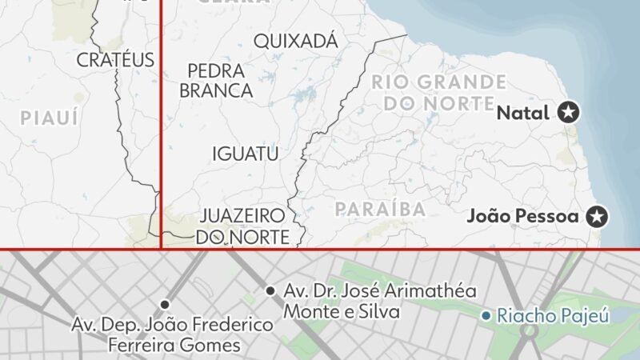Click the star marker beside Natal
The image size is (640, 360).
pyautogui.click(x=569, y=113)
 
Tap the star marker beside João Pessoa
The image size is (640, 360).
pyautogui.click(x=596, y=215)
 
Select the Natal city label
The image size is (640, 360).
pyautogui.click(x=523, y=113)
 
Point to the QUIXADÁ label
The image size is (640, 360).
pyautogui.click(x=295, y=41)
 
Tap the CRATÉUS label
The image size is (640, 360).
pyautogui.click(x=115, y=59)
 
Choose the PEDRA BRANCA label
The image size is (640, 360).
pyautogui.click(x=216, y=80)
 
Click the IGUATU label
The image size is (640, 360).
pyautogui.click(x=245, y=154)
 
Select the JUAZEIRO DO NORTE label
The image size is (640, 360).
pyautogui.click(x=242, y=226)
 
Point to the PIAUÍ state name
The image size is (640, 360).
pyautogui.click(x=50, y=118)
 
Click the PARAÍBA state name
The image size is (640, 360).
pyautogui.click(x=380, y=210)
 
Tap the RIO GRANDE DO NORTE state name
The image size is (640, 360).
pyautogui.click(x=438, y=93)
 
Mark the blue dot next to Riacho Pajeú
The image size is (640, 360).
pyautogui.click(x=486, y=316)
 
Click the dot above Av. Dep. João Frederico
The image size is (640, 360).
pyautogui.click(x=165, y=304)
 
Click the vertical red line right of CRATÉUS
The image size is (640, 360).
pyautogui.click(x=161, y=120)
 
